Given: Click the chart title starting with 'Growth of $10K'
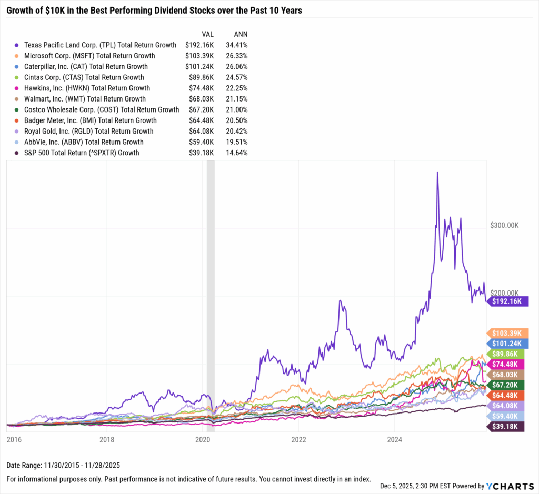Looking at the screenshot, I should click(x=154, y=11).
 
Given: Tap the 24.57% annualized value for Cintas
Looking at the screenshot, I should click(x=237, y=77).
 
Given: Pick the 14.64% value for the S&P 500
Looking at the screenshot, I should click(x=237, y=153).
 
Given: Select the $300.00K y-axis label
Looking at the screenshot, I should click(x=504, y=225).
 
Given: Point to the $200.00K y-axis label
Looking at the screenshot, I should click(x=504, y=293).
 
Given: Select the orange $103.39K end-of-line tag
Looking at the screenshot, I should click(x=506, y=333).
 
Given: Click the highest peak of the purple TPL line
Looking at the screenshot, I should click(x=437, y=172).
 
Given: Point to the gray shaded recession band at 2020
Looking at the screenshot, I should click(x=211, y=295).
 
